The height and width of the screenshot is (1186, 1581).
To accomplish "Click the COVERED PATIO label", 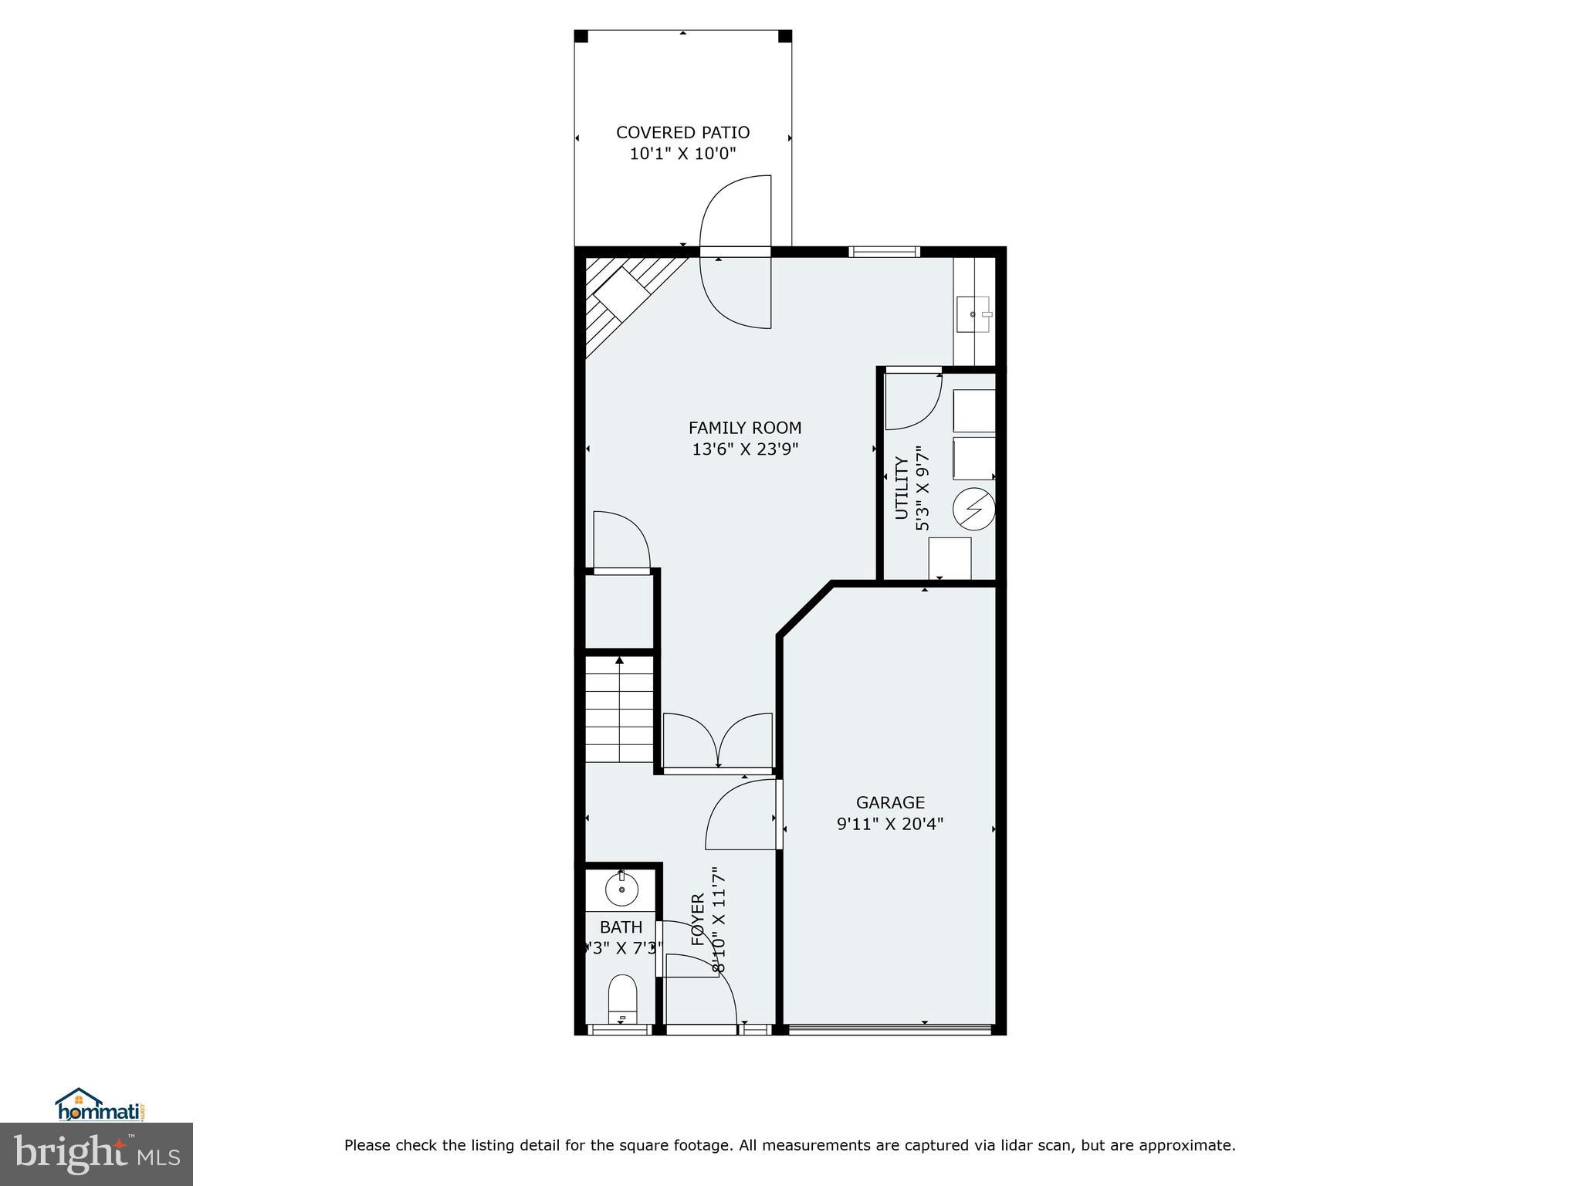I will tap(682, 133).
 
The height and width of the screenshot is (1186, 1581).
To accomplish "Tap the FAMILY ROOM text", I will tap(744, 428).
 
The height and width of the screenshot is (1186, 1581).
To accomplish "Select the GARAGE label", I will tap(890, 802).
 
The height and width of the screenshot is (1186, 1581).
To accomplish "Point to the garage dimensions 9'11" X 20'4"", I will tap(890, 824).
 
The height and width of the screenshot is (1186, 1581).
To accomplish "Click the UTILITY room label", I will tap(901, 488).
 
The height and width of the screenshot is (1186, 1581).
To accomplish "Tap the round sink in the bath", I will tap(621, 889).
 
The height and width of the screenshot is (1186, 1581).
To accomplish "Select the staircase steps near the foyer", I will tap(619, 709).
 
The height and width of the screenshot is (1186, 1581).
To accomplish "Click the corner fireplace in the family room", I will tap(621, 297).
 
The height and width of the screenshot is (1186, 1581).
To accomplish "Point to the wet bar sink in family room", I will tap(974, 314).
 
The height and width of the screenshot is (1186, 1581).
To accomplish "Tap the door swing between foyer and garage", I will tap(741, 815).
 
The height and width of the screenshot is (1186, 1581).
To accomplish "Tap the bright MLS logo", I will tap(96, 1154).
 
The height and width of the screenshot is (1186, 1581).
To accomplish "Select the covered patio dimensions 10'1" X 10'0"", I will tap(682, 154).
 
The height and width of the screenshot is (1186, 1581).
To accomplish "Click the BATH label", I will tap(621, 927).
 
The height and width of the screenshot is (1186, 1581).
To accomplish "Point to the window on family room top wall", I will tap(884, 251).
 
